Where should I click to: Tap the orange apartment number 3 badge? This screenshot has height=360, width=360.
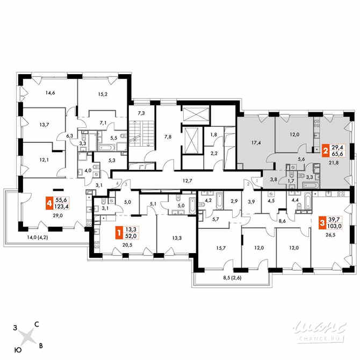[x=322, y=221]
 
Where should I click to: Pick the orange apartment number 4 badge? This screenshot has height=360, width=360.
[x=49, y=204]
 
